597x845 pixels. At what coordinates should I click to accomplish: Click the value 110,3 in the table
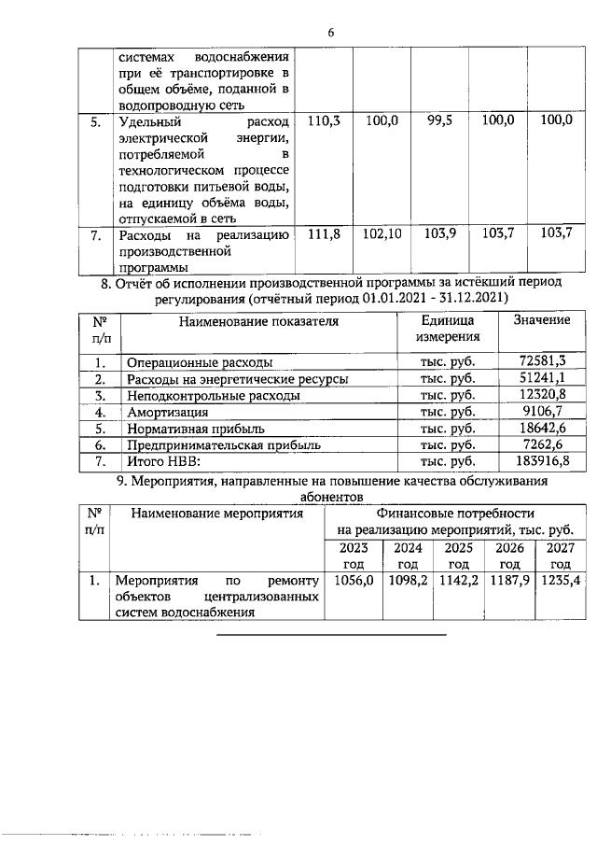[x=322, y=121]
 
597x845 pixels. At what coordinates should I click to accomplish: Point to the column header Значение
[x=542, y=320]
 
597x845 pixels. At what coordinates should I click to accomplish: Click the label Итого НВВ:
[x=164, y=462]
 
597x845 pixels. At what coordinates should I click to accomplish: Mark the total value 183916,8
[x=542, y=462]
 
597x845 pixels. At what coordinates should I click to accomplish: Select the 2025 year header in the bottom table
[x=458, y=556]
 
